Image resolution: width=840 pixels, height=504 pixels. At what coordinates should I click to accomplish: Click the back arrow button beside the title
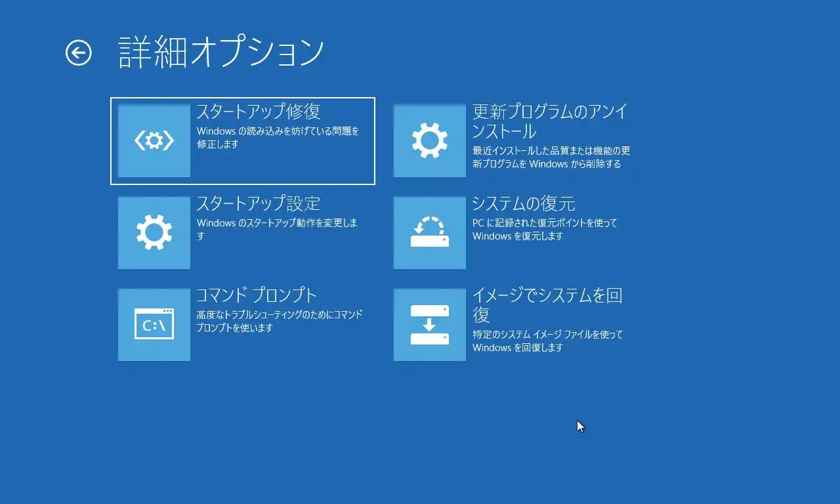[x=78, y=53]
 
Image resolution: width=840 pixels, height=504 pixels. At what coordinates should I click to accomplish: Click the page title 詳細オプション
[x=221, y=52]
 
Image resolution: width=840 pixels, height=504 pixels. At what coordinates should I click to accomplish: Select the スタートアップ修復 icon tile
[x=154, y=140]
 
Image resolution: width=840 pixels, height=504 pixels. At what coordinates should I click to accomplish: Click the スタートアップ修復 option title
[x=259, y=112]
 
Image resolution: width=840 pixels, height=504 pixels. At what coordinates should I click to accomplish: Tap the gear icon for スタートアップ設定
[x=154, y=232]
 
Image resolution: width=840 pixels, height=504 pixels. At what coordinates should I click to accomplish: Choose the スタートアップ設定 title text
[x=259, y=203]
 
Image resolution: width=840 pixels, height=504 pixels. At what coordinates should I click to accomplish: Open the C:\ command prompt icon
[x=154, y=324]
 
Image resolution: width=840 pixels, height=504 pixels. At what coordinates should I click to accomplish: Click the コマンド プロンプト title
[x=257, y=295]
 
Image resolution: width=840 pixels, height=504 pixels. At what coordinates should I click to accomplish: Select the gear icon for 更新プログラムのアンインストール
[x=430, y=140]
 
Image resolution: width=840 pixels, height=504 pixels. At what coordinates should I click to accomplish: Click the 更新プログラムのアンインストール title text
[x=550, y=121]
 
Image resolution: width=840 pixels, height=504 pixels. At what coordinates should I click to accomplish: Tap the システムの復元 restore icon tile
[x=430, y=232]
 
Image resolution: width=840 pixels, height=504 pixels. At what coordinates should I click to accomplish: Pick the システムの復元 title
[x=524, y=203]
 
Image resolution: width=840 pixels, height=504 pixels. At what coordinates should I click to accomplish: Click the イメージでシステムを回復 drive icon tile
[x=430, y=324]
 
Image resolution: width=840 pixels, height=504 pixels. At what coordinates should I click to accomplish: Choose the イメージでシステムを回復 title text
[x=547, y=305]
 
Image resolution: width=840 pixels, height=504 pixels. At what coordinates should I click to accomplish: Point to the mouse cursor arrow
[x=581, y=427]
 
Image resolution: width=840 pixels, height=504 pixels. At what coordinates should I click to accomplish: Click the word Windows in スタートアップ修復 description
[x=216, y=131]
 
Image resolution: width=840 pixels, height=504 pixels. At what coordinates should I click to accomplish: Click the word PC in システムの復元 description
[x=478, y=223]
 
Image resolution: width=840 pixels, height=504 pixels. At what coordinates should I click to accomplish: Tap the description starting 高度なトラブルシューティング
[x=280, y=321]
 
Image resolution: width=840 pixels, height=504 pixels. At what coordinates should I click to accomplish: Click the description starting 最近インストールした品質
[x=551, y=157]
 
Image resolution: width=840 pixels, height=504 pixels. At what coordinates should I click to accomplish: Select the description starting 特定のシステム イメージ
[x=547, y=341]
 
